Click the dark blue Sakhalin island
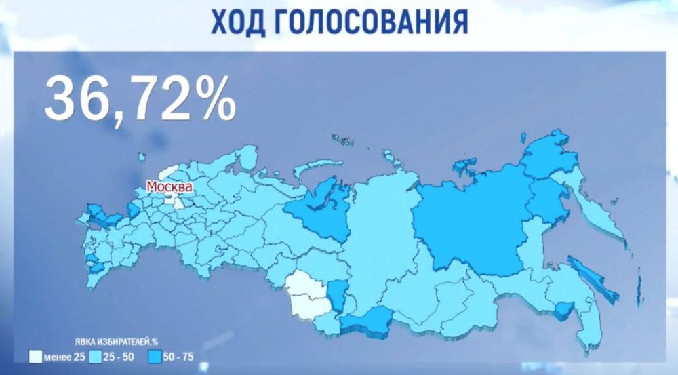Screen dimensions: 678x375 coord(592,277)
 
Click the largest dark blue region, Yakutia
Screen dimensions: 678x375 coord(471,224)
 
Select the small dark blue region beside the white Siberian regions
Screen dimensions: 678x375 coord(336,295)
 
